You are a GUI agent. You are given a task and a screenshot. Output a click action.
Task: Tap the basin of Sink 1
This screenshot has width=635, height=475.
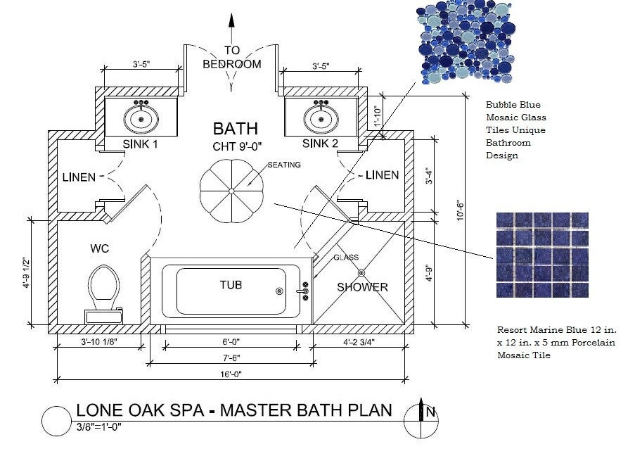[141, 119]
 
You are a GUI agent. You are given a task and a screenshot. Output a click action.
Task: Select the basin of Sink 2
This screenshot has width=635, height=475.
[321, 119]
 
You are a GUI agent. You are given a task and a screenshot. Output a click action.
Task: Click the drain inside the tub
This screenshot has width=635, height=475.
[279, 291]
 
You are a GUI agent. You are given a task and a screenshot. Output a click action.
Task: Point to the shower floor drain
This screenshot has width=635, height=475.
[361, 273]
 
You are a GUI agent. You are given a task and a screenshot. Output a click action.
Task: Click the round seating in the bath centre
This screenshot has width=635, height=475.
[231, 191]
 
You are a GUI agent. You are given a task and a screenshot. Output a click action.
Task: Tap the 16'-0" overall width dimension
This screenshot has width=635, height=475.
[231, 374]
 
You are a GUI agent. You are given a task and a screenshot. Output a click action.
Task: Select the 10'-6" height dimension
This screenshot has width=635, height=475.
[461, 210]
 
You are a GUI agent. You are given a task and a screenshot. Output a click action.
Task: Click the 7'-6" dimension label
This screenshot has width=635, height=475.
[231, 358]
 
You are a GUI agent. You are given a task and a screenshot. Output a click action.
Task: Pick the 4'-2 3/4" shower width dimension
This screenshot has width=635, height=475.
[359, 342]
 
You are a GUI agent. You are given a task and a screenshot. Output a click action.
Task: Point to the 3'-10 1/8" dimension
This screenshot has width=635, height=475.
[99, 342]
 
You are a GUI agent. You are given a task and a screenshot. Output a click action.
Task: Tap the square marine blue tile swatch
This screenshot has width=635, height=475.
[542, 255]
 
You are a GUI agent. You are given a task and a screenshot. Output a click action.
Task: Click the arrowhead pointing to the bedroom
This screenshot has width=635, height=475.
[231, 20]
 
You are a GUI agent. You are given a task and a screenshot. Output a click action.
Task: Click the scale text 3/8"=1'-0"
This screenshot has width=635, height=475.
[99, 426]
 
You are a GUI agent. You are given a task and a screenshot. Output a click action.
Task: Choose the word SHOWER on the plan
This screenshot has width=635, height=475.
[362, 287]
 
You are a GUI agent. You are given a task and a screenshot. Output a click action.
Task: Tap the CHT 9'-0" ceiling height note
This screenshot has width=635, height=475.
[237, 146]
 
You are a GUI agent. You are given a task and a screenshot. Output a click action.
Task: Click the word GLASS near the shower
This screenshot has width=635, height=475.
[346, 258]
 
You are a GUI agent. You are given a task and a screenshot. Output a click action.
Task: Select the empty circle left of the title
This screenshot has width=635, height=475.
[56, 421]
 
